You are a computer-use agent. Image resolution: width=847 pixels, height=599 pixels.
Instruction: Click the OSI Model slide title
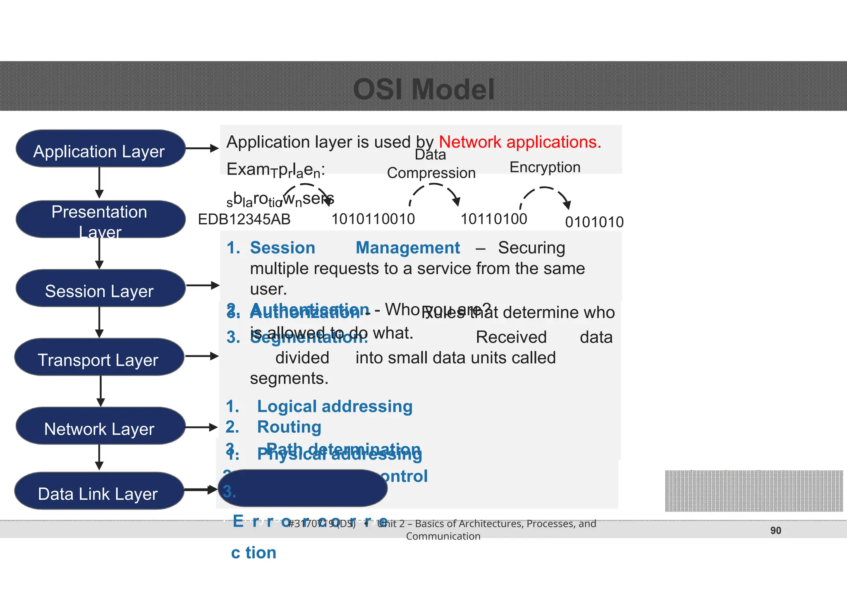coord(423,89)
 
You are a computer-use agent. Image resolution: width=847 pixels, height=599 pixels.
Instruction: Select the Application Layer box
coord(100,149)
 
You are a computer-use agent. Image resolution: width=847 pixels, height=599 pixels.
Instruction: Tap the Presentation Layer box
coord(100,219)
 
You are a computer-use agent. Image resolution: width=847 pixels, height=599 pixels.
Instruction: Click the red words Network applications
coord(519,142)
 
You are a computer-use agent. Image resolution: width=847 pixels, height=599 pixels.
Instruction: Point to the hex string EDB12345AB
coord(244,219)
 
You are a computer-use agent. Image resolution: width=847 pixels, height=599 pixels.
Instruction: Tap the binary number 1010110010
coord(373,219)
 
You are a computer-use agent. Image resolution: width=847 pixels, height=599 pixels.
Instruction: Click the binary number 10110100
coord(494,219)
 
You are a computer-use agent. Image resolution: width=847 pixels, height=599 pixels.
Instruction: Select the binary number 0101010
coord(594,222)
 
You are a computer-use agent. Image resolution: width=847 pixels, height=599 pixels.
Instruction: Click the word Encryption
coord(545,167)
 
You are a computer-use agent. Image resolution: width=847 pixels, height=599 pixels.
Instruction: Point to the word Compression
coord(431,173)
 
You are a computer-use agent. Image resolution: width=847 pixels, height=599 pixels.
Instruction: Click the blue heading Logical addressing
coord(335,406)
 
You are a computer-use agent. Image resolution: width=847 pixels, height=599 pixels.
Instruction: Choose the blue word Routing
coord(289,427)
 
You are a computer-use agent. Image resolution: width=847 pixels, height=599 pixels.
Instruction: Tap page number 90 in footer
coord(775,530)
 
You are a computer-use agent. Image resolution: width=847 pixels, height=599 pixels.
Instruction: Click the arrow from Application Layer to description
coord(202,148)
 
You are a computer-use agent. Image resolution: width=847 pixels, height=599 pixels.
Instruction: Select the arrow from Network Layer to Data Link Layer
coord(99,458)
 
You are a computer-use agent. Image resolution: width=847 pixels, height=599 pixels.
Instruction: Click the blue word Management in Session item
coord(407,248)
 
